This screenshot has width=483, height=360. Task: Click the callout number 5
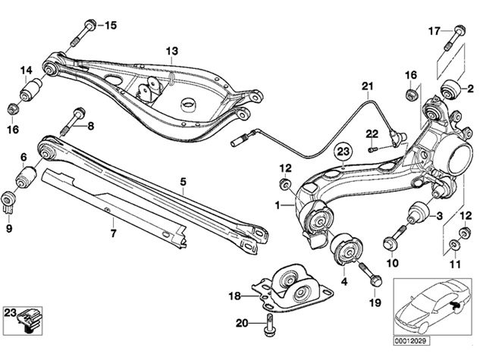click(183, 182)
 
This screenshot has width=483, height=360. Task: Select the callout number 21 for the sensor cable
click(369, 86)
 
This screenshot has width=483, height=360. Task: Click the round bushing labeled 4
click(346, 249)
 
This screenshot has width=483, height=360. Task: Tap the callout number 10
click(393, 263)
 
